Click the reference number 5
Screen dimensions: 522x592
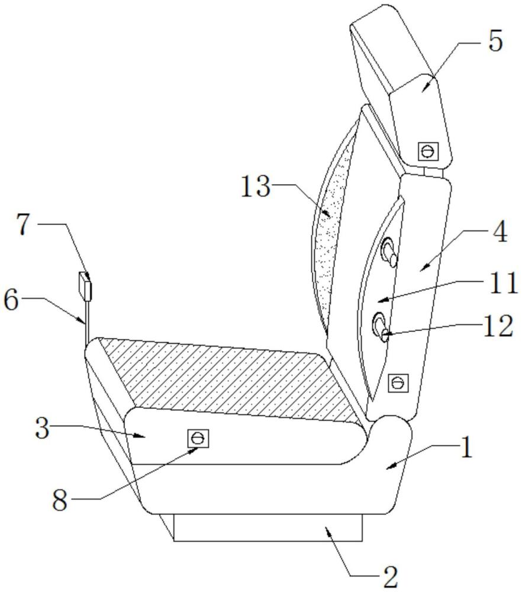click(x=495, y=41)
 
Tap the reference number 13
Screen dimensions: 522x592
click(x=256, y=186)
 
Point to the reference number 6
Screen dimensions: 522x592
click(x=11, y=301)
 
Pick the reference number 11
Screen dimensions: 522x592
click(x=503, y=283)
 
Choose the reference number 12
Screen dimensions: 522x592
click(x=498, y=326)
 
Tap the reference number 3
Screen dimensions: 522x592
click(x=42, y=429)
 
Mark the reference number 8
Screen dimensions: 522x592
click(x=60, y=501)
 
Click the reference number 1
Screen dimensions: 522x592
click(x=466, y=447)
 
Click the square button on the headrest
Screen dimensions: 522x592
click(x=428, y=152)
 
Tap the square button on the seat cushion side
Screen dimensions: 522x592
click(x=198, y=438)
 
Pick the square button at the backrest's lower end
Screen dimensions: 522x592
click(x=398, y=383)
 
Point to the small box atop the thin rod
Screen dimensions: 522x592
click(x=85, y=286)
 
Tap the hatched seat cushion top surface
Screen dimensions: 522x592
click(x=227, y=378)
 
